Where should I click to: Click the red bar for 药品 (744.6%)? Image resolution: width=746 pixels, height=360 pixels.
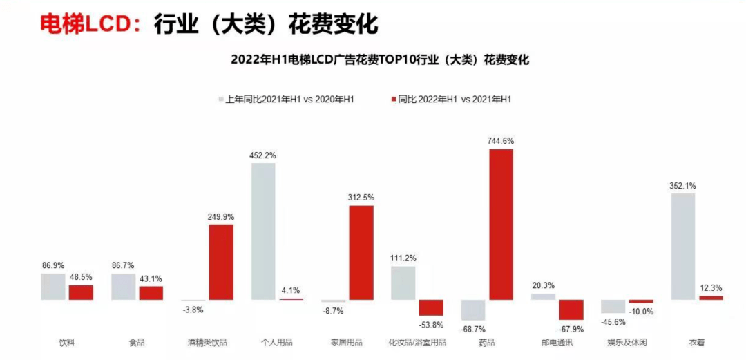coord(501,225)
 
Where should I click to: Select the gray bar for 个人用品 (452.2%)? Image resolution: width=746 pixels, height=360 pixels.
coord(263,231)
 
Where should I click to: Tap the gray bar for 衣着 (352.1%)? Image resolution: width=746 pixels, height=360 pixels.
coord(682,247)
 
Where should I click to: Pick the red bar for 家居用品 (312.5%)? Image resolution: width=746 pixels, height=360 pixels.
coord(361,252)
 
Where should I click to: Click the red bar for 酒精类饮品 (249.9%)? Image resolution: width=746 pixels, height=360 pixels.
coord(221,262)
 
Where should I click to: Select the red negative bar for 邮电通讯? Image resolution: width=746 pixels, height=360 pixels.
coord(571,310)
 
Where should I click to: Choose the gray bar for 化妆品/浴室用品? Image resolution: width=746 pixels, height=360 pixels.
coord(403,283)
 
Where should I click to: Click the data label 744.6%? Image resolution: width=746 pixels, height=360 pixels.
coord(501,140)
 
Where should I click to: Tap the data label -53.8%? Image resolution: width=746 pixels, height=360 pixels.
coord(431,325)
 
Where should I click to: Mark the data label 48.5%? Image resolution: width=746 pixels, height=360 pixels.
coord(81,276)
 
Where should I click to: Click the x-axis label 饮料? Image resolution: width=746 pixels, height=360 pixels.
coord(67,343)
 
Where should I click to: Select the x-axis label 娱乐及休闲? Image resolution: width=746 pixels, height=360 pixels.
coord(627,343)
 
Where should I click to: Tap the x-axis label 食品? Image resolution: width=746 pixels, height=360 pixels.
coord(137,343)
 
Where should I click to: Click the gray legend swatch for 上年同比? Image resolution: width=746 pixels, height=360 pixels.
coord(220,100)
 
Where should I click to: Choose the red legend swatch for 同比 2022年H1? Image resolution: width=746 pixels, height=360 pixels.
coord(393,100)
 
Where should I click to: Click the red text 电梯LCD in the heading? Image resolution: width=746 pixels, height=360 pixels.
coord(85,24)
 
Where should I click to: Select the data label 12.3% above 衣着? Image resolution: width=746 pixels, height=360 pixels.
coord(711,287)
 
